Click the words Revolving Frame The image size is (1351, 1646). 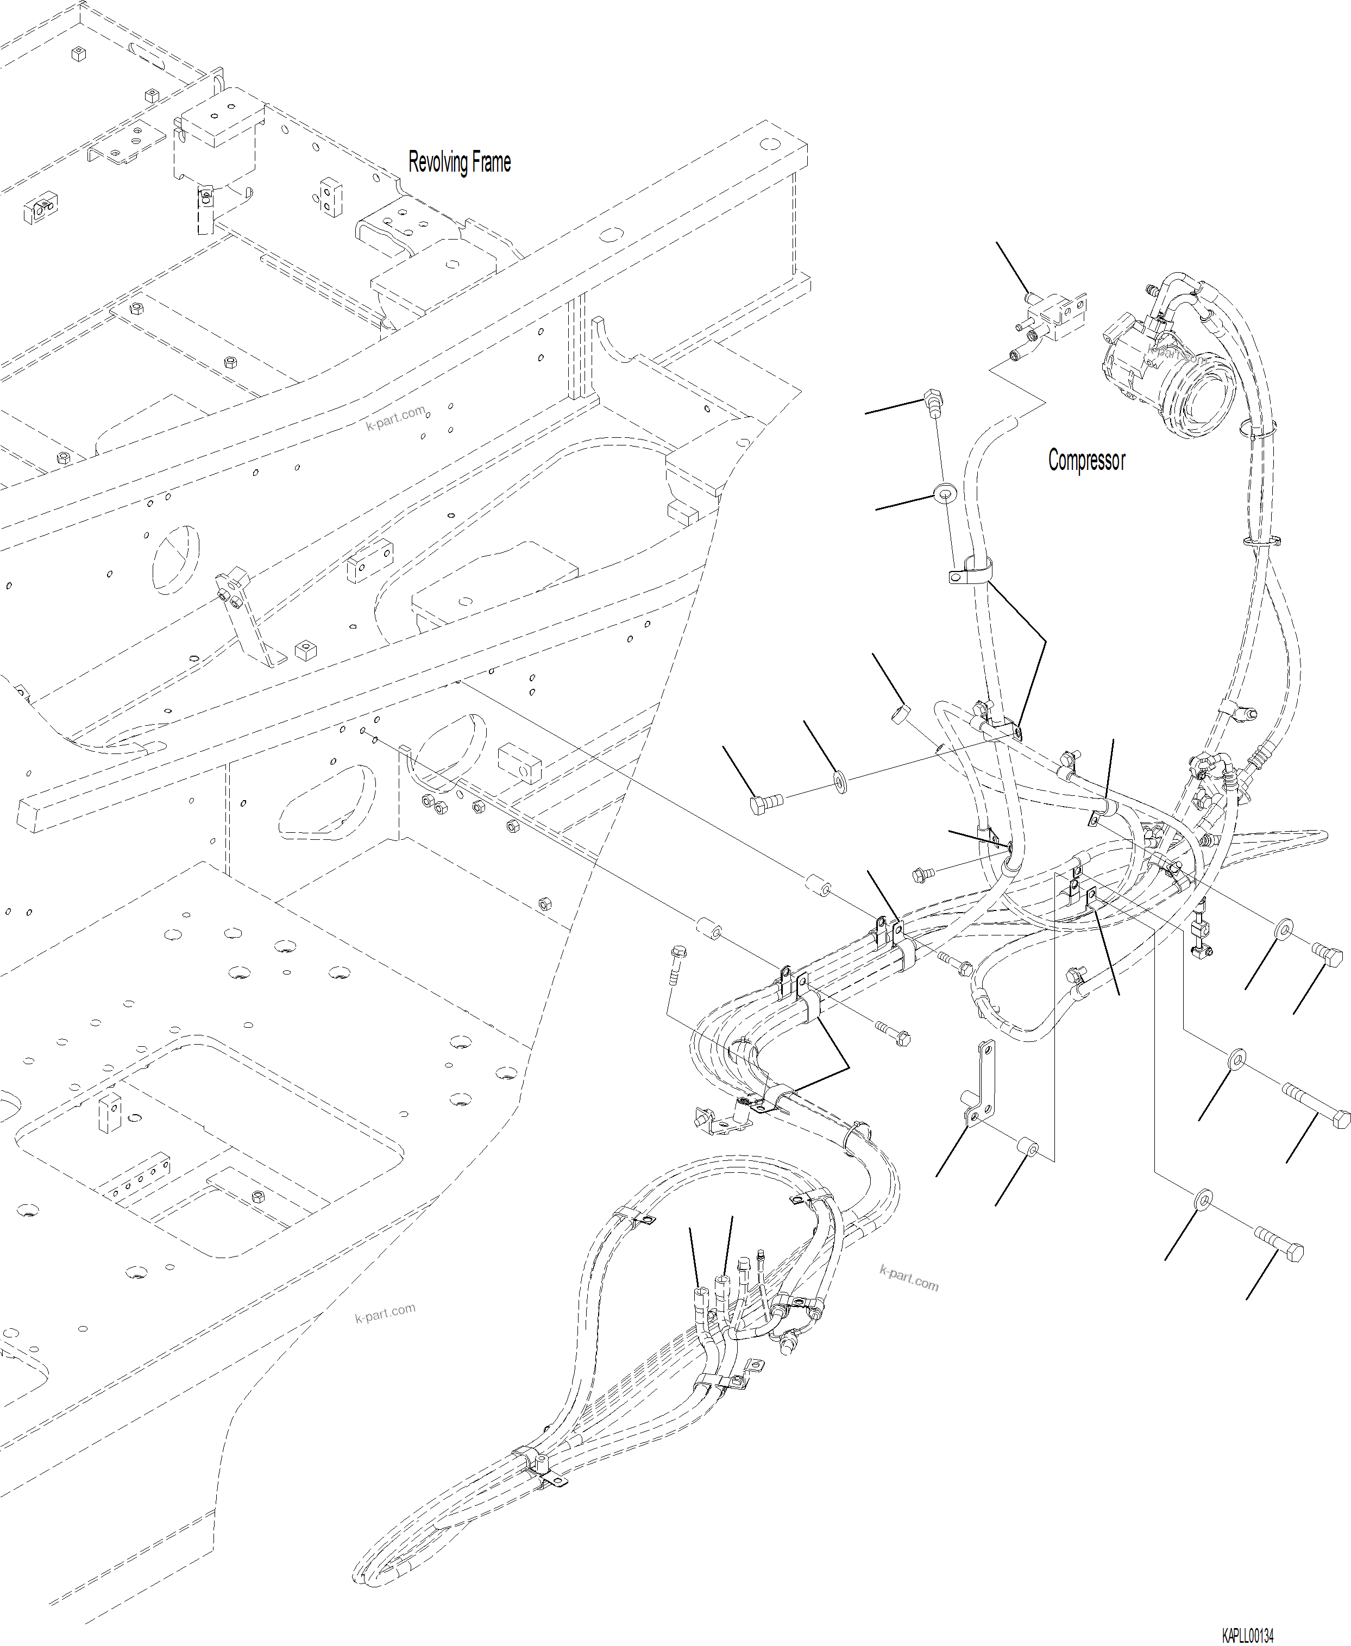(x=459, y=162)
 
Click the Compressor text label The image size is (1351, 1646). (x=1086, y=460)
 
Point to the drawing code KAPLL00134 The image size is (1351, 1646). (x=1247, y=1635)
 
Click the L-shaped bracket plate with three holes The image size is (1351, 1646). (x=982, y=1088)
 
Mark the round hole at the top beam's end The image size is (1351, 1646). (x=769, y=144)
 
